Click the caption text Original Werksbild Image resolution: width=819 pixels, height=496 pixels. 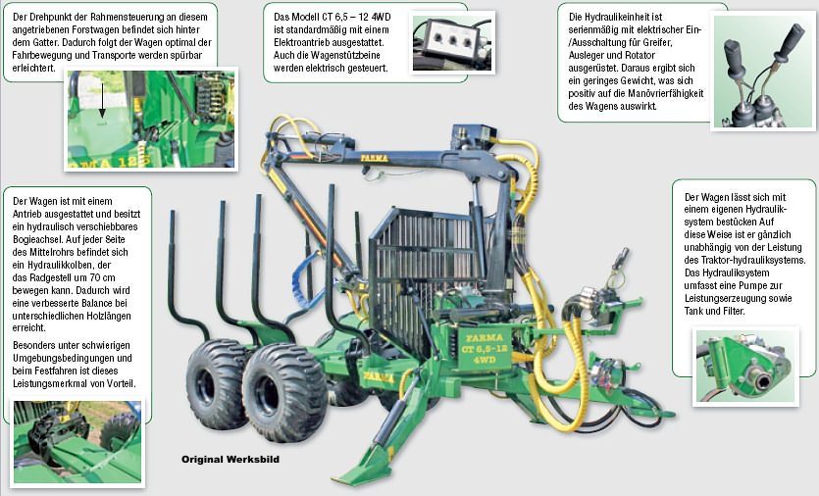point(230,460)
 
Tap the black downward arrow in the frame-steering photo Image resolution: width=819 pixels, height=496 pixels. point(102,99)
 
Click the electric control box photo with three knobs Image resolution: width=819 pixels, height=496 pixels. point(452,42)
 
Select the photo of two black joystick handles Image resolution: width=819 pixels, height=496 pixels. point(763,71)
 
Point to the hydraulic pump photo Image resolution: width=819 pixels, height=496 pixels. point(745,366)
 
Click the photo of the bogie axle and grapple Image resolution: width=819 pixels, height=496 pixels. point(77,442)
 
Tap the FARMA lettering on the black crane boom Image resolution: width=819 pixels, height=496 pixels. point(374,158)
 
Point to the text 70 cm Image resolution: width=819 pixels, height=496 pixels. point(101,277)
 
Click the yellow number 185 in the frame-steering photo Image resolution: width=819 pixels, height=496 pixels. point(132,161)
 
